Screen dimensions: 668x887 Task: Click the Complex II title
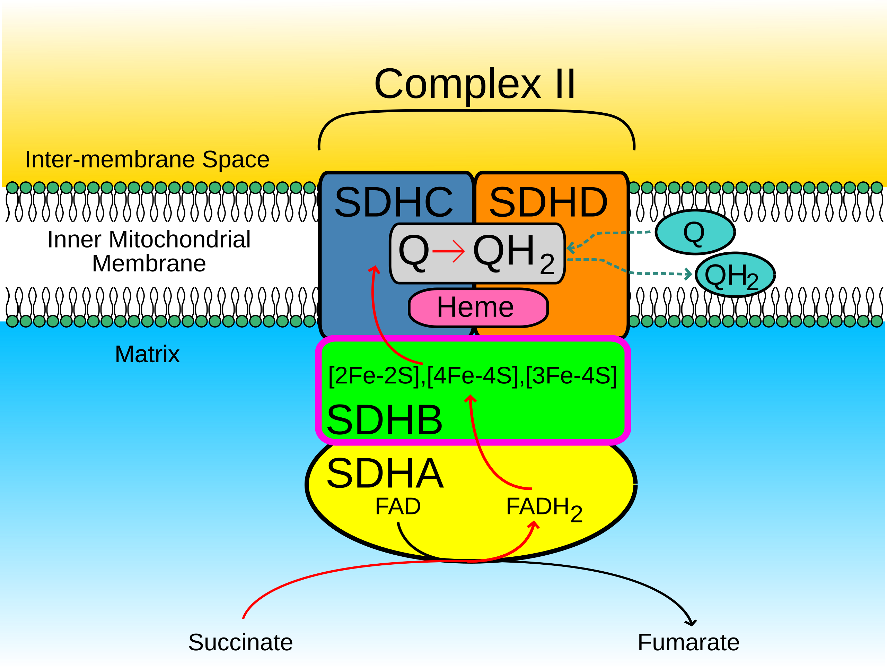point(474,84)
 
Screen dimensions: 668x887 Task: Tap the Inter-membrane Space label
point(147,159)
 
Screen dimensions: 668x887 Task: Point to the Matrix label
point(147,354)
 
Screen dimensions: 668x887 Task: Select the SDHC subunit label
point(393,202)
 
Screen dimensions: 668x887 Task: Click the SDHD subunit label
point(548,202)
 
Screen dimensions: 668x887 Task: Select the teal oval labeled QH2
point(735,275)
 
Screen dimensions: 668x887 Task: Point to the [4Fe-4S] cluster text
point(473,376)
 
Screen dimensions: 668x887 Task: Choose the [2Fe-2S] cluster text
point(374,376)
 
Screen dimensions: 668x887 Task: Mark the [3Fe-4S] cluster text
point(571,376)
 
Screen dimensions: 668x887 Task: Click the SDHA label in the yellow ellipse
point(385,474)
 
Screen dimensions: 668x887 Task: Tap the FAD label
point(397,506)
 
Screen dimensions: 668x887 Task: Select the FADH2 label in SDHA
point(543,508)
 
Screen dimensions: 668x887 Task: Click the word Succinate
point(240,642)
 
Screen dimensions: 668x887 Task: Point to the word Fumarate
point(688,642)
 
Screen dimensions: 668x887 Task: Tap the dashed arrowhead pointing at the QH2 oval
point(688,274)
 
